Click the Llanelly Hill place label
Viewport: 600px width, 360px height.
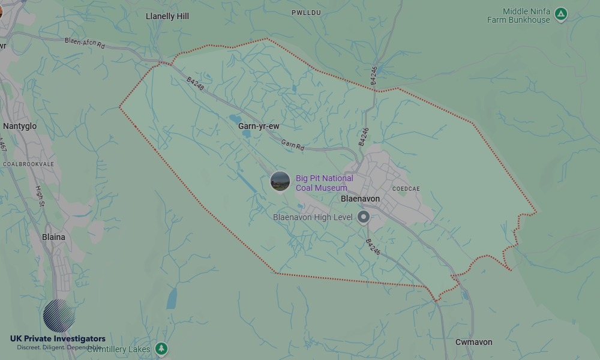(167, 16)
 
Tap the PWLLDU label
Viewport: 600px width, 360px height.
(307, 13)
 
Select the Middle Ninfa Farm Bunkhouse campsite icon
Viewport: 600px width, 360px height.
(560, 14)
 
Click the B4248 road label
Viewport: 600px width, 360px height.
(195, 84)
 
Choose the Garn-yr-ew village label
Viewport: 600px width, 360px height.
(259, 126)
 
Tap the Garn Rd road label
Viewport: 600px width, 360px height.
(293, 145)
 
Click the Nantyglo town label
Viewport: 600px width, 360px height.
(20, 126)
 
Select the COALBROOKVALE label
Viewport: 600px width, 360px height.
(28, 164)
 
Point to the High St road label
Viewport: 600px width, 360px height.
(40, 195)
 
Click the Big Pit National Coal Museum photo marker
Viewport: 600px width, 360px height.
(280, 181)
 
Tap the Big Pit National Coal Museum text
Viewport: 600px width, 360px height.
(324, 183)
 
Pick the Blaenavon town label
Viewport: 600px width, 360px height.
(360, 199)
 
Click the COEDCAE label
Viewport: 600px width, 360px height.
(406, 188)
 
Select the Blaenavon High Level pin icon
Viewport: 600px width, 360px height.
(364, 217)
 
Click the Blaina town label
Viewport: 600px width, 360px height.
(53, 237)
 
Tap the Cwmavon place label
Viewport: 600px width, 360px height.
(473, 342)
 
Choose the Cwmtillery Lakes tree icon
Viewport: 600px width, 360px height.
(161, 349)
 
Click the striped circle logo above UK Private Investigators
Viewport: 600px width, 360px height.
(59, 316)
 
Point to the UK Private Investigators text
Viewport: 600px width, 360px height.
(58, 339)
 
